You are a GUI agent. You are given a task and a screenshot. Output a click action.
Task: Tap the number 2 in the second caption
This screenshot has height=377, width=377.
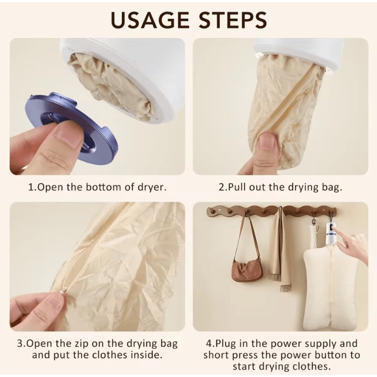pyautogui.click(x=221, y=187)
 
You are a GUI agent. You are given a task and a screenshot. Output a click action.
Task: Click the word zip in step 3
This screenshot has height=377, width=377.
pyautogui.click(x=89, y=344)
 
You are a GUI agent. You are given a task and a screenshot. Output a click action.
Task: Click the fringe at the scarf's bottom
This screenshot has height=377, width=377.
pyautogui.click(x=286, y=288)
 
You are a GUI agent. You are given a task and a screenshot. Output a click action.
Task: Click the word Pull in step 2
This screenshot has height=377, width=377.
pyautogui.click(x=237, y=187)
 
